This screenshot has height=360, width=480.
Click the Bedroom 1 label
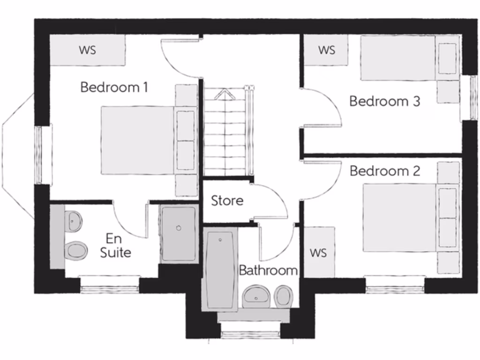coord(114,87)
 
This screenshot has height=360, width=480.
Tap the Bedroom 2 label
coord(384,171)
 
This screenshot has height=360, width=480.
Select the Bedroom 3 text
coord(384,101)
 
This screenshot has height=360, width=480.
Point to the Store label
coord(227,201)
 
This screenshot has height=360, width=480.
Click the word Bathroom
coord(268,270)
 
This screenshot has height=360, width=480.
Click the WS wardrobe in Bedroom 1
coord(88,50)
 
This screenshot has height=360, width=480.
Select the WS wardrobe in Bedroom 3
coord(327,50)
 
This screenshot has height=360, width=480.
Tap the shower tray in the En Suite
coord(178,233)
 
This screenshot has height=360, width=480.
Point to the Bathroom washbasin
coord(255,296)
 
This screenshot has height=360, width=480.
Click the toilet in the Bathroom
coord(284,296)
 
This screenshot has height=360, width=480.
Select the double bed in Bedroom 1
coord(141,140)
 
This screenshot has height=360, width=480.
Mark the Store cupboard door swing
coord(272,202)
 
